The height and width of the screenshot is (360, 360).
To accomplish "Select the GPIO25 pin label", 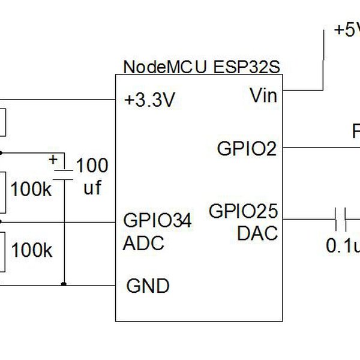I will point(243,211).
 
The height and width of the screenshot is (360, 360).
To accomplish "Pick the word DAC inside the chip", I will point(257,233).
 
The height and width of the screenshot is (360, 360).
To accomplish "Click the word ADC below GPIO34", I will point(143,244).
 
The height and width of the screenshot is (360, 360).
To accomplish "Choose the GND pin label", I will point(148,286).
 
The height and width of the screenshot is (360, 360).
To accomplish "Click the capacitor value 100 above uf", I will point(93,166).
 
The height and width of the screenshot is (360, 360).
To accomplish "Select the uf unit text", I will point(92,188).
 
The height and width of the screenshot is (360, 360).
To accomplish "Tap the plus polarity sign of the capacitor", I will point(53,160).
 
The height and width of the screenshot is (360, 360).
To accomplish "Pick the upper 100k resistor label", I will point(31,190).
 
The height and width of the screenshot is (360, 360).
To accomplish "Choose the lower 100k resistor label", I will point(31,250).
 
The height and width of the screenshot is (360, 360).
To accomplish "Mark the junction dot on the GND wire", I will point(64,284).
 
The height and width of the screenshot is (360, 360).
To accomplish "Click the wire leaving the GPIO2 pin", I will point(318,147).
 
